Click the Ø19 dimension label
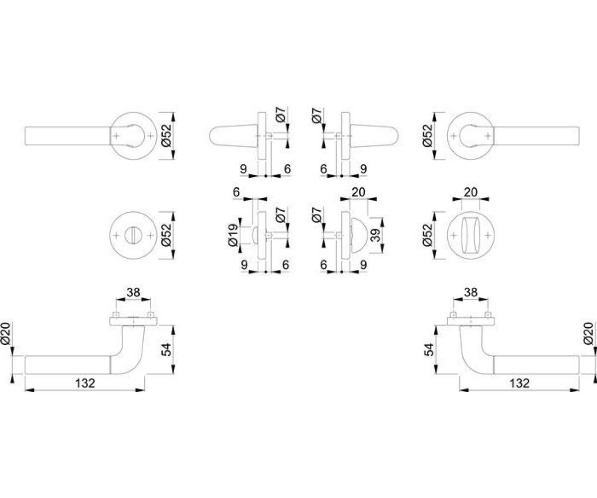(233, 235)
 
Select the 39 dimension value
(376, 235)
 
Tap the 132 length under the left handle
(85, 383)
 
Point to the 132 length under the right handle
(519, 383)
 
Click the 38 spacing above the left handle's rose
(133, 292)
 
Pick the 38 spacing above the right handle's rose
(471, 292)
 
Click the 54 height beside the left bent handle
(166, 350)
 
